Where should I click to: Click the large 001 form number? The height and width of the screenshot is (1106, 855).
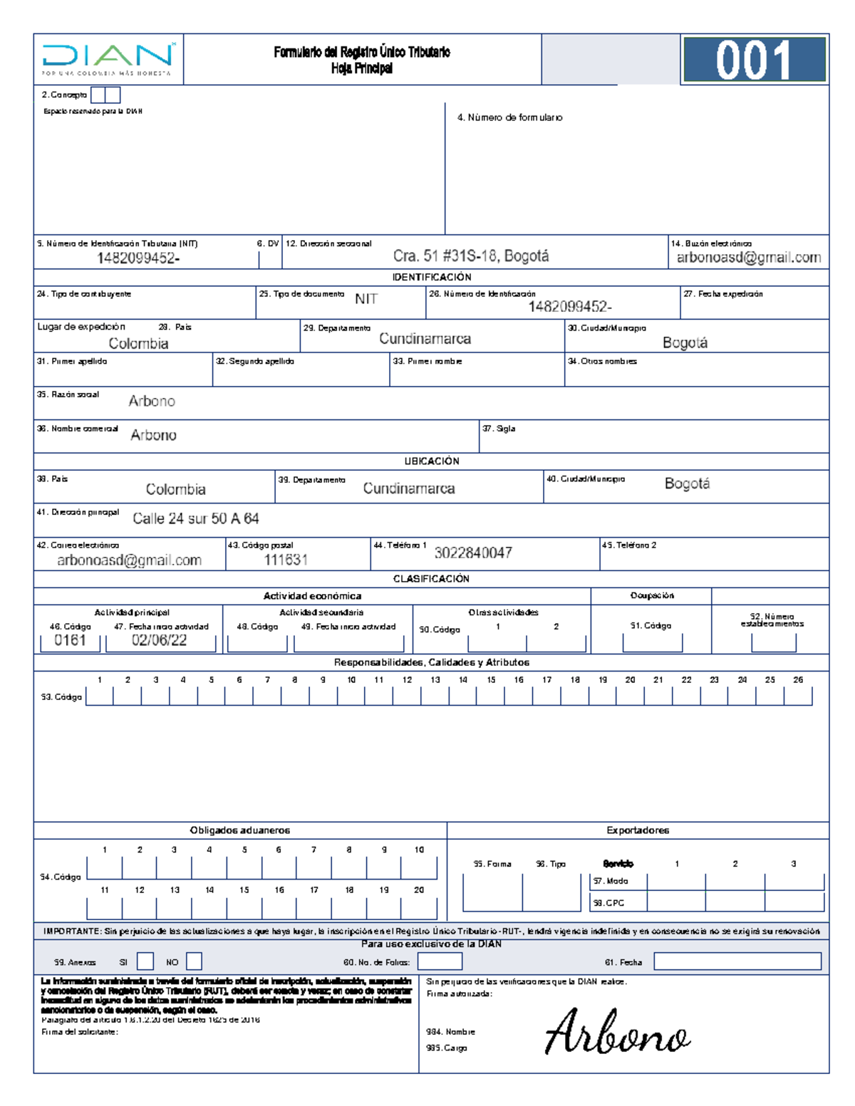pyautogui.click(x=753, y=61)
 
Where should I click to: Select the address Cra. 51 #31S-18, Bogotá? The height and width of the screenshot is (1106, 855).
pyautogui.click(x=471, y=256)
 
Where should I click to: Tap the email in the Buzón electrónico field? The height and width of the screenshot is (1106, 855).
pyautogui.click(x=748, y=258)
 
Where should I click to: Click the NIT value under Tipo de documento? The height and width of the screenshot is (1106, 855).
pyautogui.click(x=366, y=299)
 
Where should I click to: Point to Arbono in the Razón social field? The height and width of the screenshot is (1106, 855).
pyautogui.click(x=152, y=402)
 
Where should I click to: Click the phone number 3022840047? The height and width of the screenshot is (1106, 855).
pyautogui.click(x=473, y=553)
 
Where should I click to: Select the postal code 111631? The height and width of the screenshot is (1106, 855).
pyautogui.click(x=286, y=560)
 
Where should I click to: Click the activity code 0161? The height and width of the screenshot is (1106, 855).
pyautogui.click(x=70, y=640)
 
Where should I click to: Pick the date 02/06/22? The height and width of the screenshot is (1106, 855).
pyautogui.click(x=160, y=640)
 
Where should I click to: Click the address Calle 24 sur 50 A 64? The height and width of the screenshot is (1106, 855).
pyautogui.click(x=196, y=519)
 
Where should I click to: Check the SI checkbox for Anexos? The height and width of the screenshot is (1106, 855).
pyautogui.click(x=145, y=961)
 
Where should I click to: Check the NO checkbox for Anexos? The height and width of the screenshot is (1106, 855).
pyautogui.click(x=194, y=961)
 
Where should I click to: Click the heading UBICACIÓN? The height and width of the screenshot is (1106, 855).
pyautogui.click(x=432, y=461)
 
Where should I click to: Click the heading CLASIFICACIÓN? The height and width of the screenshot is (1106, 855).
pyautogui.click(x=431, y=579)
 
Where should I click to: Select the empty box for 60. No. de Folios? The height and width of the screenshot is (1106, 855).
pyautogui.click(x=440, y=961)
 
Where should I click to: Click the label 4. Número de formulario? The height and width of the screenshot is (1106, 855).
pyautogui.click(x=509, y=118)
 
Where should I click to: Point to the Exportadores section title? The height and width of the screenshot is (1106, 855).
pyautogui.click(x=638, y=830)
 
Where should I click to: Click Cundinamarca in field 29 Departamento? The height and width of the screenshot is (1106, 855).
pyautogui.click(x=425, y=339)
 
